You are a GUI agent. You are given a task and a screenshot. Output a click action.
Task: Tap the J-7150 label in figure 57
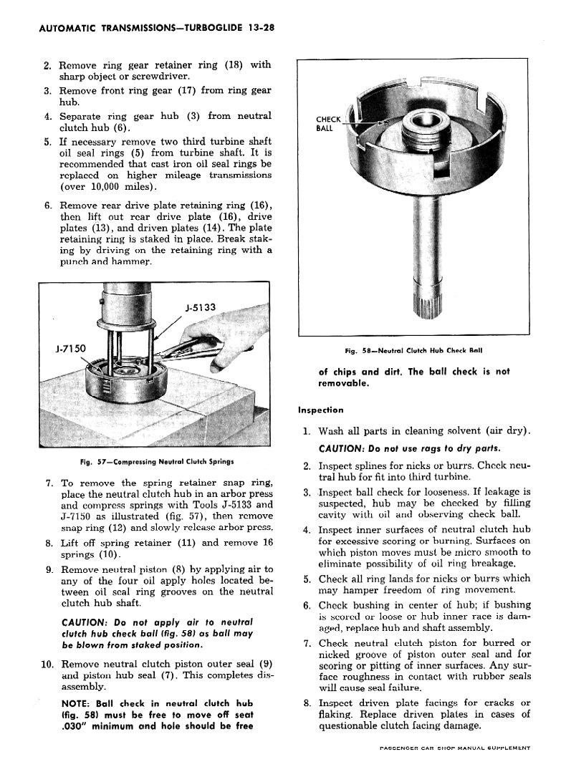point(70,349)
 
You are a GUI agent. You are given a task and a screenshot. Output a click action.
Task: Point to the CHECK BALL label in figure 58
point(328,124)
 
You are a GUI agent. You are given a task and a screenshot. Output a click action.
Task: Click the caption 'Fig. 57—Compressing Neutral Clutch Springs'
point(157,460)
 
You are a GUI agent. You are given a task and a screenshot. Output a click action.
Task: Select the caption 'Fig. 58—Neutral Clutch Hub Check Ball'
point(413,350)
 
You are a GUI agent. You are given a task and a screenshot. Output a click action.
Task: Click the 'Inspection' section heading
point(320,410)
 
